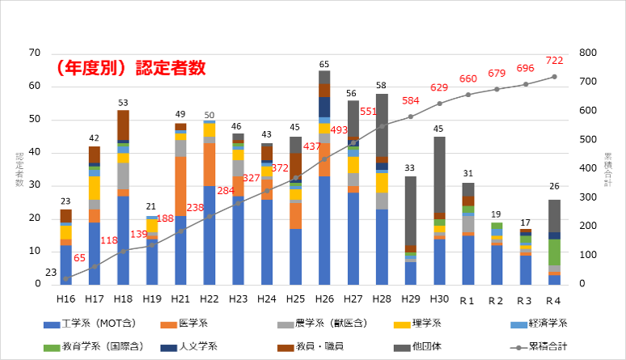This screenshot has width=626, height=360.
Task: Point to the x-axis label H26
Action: pyautogui.click(x=324, y=300)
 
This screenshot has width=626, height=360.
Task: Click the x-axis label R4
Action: pyautogui.click(x=554, y=300)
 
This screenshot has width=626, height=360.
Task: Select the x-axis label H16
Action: pyautogui.click(x=66, y=300)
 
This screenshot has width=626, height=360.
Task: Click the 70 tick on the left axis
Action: pyautogui.click(x=34, y=53)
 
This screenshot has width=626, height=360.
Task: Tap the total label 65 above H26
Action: pyautogui.click(x=324, y=64)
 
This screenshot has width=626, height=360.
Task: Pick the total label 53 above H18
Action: pyautogui.click(x=123, y=104)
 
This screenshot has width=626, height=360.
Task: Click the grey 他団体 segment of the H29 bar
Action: pyautogui.click(x=410, y=210)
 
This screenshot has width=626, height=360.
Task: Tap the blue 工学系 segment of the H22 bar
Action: pyautogui.click(x=209, y=235)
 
